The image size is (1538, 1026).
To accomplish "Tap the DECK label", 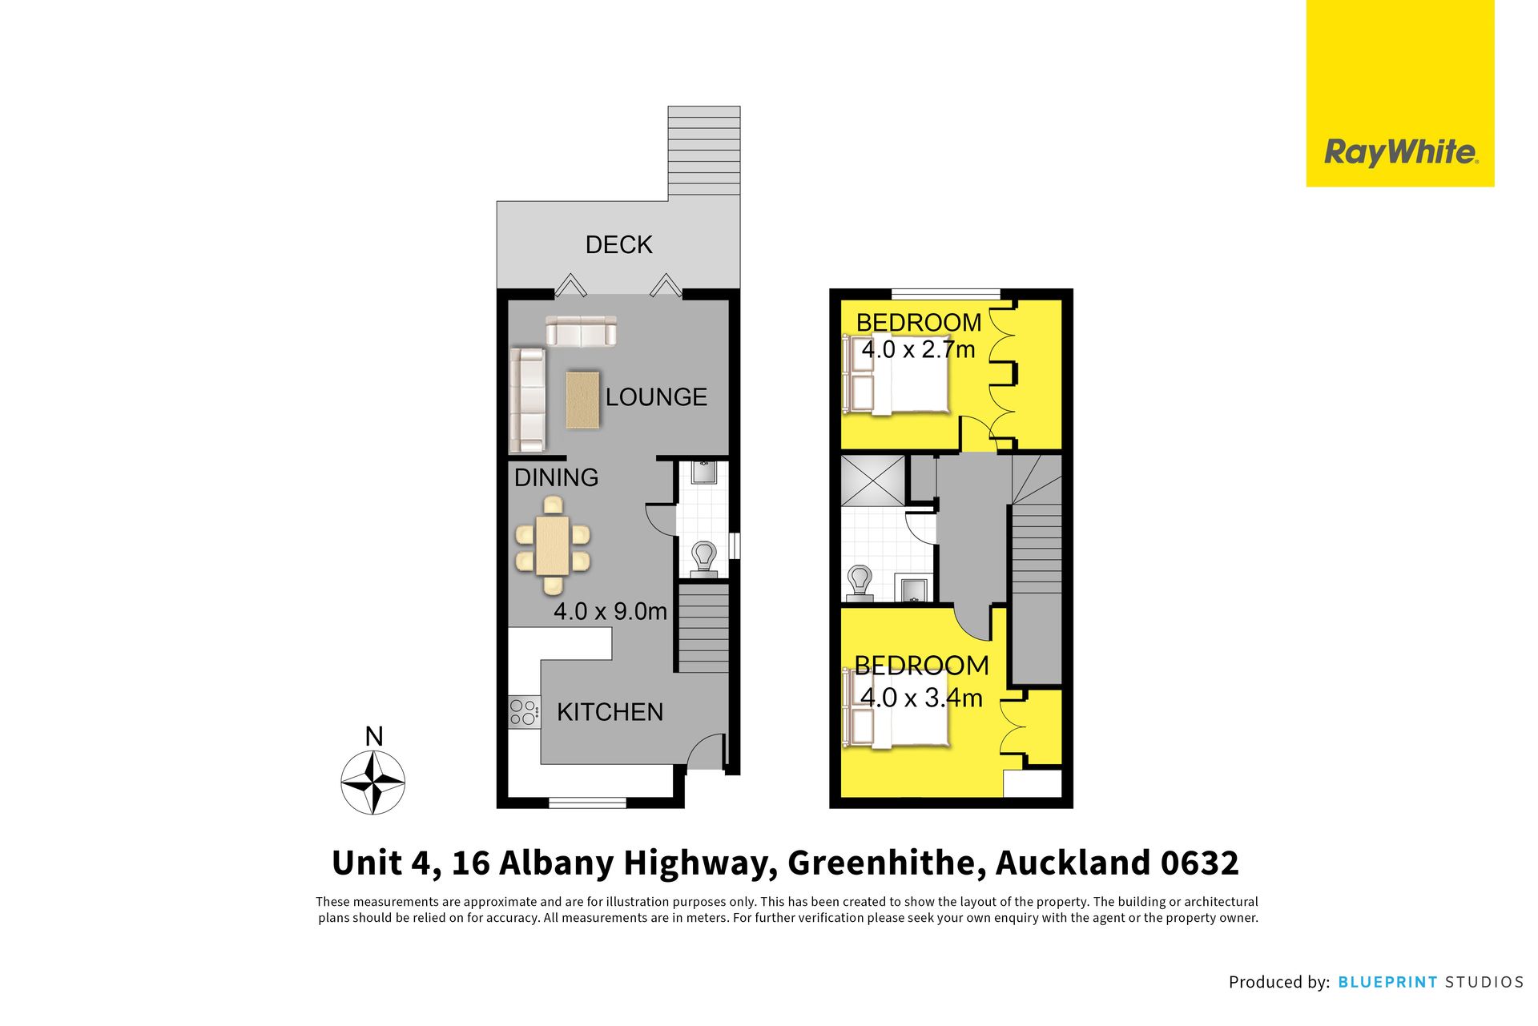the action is (618, 244).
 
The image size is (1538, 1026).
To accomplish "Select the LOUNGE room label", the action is (656, 396).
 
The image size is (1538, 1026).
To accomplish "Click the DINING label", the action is (556, 477).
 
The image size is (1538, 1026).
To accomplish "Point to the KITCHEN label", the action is (610, 712).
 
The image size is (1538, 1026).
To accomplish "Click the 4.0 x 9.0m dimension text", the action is (610, 611).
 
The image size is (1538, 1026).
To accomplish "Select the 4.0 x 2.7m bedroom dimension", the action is (918, 349).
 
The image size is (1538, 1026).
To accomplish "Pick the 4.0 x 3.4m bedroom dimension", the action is (921, 698).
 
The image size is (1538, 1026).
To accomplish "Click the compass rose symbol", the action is (373, 782).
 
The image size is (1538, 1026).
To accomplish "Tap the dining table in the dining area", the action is (553, 545).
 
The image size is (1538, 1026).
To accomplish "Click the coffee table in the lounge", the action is (582, 400).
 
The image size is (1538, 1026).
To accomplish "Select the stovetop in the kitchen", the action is (524, 712).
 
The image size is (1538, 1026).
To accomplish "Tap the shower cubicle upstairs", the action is (872, 480).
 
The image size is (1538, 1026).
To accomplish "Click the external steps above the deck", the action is (704, 151).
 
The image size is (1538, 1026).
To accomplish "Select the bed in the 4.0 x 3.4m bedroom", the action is (896, 709).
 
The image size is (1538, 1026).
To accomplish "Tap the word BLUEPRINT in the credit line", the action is (1387, 982).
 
